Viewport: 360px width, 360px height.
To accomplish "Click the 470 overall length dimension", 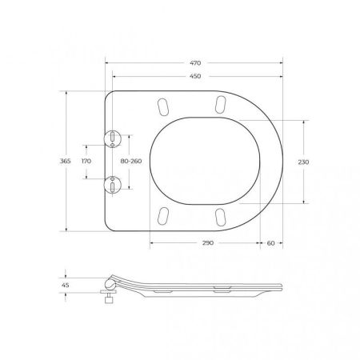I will (194, 62).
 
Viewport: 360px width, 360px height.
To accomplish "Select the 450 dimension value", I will (194, 78).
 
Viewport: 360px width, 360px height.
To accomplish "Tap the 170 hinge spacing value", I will (86, 161).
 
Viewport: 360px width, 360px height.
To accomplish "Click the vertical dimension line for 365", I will (66, 161).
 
